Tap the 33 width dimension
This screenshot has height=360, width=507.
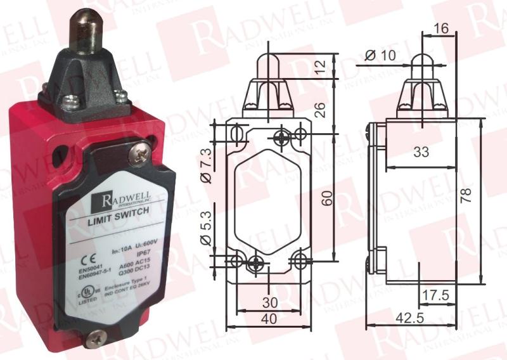421,152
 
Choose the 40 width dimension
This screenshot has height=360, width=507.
271,319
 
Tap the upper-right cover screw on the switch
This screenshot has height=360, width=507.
138,152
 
